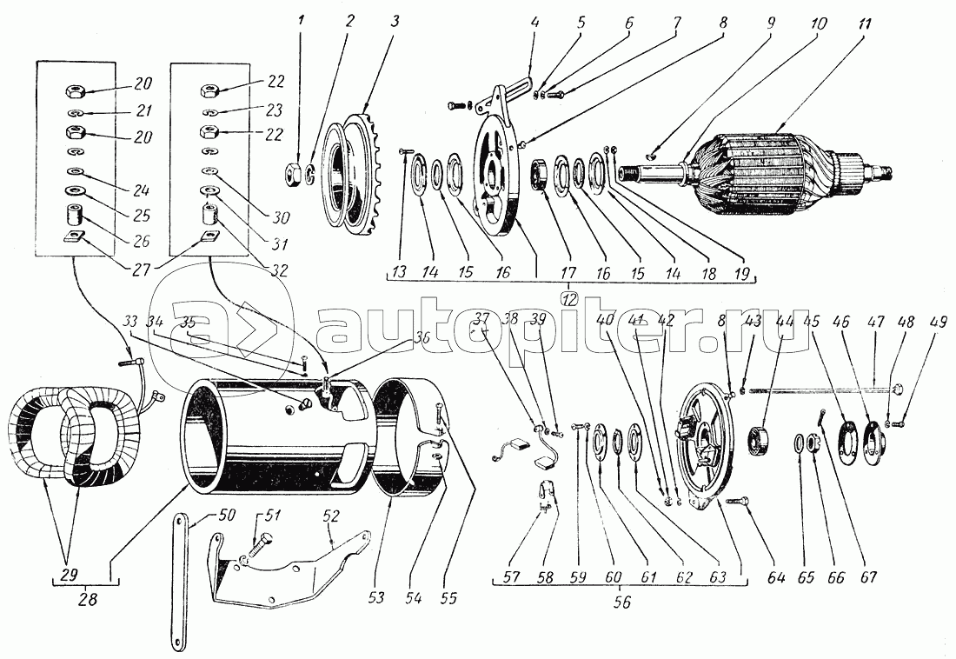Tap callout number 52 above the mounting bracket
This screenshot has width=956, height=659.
330,516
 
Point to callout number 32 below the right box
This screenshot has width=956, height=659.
278,270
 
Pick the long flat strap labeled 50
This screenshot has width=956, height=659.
178,582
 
